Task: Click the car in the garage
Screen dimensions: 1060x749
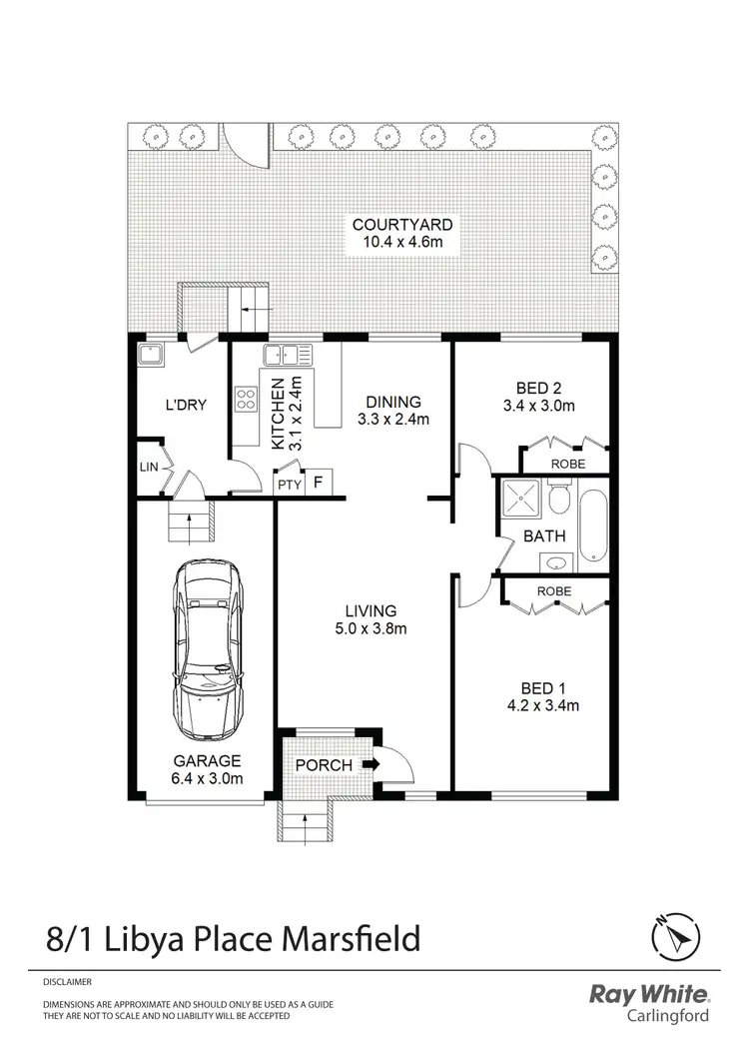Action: (208, 647)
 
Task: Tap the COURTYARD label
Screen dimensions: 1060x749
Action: (394, 225)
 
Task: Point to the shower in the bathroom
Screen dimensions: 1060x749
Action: (520, 498)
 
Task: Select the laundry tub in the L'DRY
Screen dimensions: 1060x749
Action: (154, 356)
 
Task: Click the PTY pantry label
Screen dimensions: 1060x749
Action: (289, 485)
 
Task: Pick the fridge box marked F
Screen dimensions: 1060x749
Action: (319, 483)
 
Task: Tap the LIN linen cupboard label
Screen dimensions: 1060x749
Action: (148, 468)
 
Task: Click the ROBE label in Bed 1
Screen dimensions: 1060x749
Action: (554, 590)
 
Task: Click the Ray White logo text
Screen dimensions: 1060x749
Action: (650, 994)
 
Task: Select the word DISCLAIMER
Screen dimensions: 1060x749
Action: (67, 982)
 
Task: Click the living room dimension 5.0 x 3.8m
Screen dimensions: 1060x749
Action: (371, 628)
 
